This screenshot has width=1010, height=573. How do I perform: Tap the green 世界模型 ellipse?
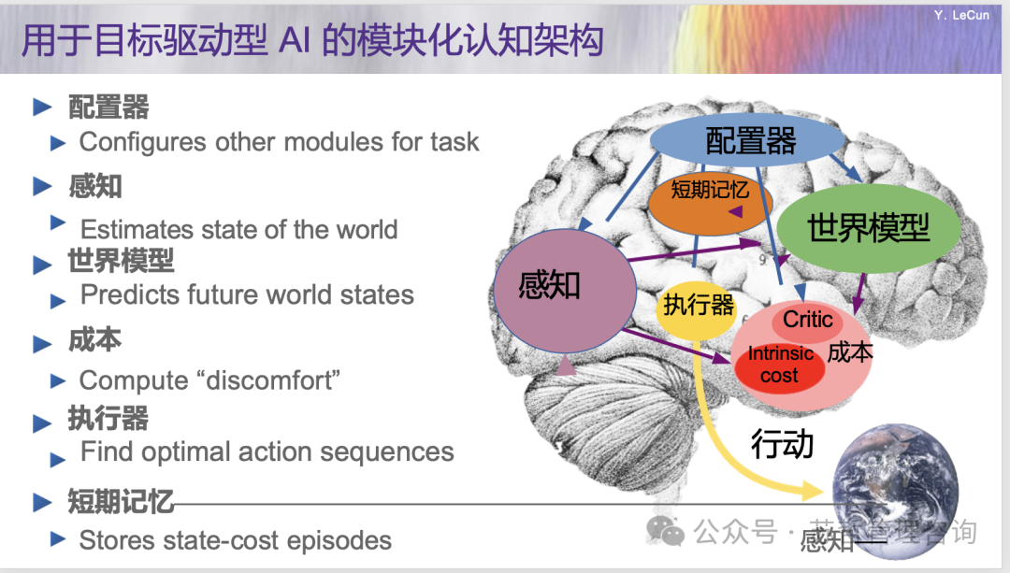coord(869,226)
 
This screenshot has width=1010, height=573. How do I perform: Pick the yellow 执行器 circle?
coord(698,306)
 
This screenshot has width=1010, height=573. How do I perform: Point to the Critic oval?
coord(807,321)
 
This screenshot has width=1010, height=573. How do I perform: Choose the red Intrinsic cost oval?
coord(779,365)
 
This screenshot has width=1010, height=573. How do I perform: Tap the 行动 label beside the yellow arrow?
coord(782,444)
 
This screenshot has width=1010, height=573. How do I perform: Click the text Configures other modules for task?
coord(279,142)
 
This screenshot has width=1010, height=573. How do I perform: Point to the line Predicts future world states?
coord(247,294)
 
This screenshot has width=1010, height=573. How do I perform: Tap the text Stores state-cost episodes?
coord(235,540)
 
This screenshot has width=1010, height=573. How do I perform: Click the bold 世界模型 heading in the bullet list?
coord(121,261)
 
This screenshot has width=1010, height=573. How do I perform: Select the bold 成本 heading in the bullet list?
coord(94,339)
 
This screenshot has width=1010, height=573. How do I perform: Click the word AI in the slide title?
coord(296,42)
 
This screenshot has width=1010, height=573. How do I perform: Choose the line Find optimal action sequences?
coord(267,452)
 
